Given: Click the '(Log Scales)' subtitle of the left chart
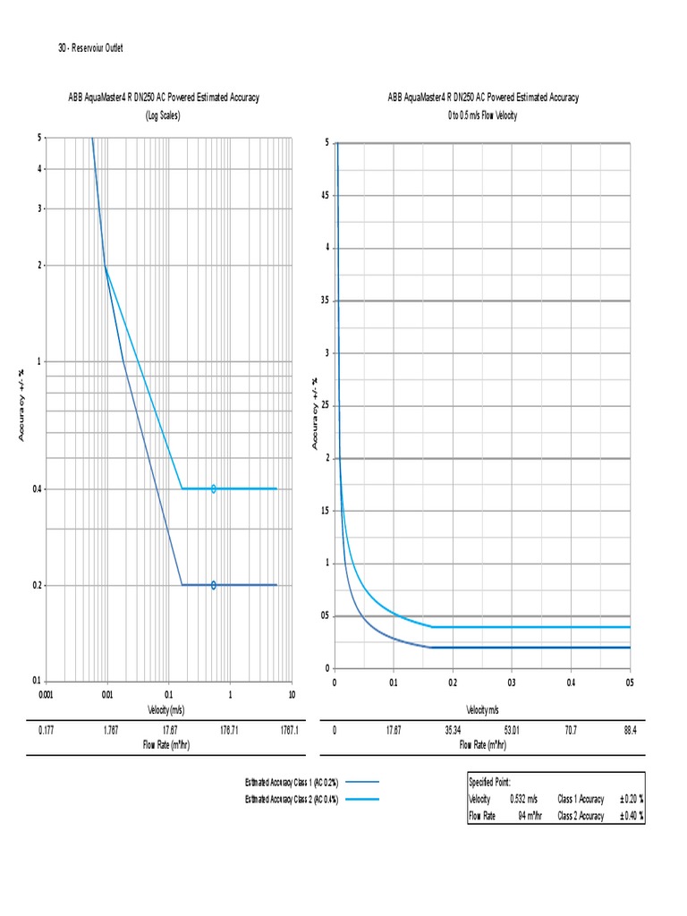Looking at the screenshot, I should tap(164, 115).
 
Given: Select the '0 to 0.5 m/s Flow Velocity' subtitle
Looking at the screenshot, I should tap(483, 115).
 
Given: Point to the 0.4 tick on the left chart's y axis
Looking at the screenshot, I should tap(38, 489).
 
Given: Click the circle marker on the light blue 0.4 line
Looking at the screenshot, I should tap(214, 488).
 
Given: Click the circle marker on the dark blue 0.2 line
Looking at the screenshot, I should tap(214, 585).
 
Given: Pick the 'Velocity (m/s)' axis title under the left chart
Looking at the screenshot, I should tap(165, 709).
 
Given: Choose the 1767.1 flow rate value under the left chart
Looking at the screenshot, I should tap(288, 731).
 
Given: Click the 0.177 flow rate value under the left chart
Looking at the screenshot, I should tap(47, 731).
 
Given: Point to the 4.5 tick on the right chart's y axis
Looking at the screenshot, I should tap(325, 196).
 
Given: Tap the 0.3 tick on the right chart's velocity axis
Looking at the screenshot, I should tap(512, 683).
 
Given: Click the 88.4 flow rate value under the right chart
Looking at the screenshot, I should tap(630, 731).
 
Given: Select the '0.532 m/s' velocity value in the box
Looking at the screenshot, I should tap(524, 799).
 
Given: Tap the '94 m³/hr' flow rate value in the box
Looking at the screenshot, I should tap(528, 816).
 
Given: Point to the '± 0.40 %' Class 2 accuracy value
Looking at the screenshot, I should tap(631, 816).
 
